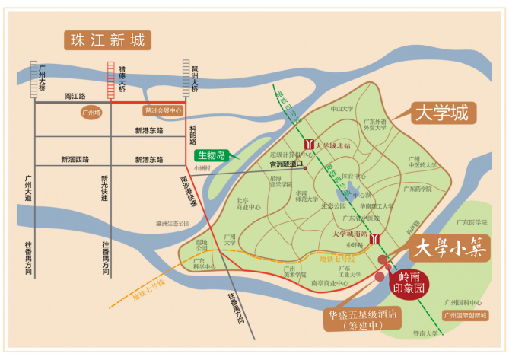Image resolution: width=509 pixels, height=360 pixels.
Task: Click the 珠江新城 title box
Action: click(x=107, y=40)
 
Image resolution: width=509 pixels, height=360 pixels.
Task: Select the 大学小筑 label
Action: click(x=449, y=248)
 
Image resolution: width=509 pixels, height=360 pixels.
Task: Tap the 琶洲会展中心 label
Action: click(x=164, y=110)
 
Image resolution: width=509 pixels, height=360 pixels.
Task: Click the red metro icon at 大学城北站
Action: click(x=307, y=144)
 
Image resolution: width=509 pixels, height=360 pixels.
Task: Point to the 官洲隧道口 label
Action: click(x=286, y=163)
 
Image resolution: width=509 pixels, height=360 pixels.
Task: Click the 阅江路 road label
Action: click(x=75, y=97)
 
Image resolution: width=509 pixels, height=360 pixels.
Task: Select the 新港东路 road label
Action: click(x=149, y=131)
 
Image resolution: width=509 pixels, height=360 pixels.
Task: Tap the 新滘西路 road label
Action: click(x=75, y=160)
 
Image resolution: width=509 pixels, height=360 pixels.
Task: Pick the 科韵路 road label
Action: click(x=193, y=135)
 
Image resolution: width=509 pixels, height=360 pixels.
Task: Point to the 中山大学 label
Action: click(x=342, y=109)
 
